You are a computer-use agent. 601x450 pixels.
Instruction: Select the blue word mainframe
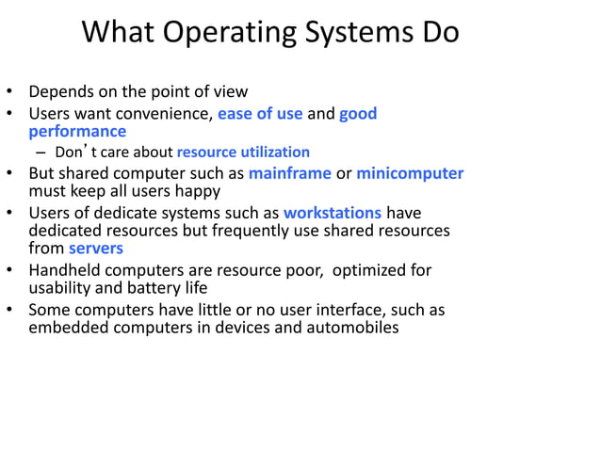[289, 173]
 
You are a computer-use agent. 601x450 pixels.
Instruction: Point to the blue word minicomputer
[410, 173]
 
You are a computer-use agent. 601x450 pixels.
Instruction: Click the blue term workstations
[333, 212]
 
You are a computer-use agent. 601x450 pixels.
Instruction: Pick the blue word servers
[96, 249]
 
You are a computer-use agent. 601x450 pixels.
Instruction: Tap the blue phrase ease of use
[260, 114]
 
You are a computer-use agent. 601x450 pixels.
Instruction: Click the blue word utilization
[271, 152]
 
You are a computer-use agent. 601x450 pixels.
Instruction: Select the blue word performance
[77, 132]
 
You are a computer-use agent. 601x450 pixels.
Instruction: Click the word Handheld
[66, 270]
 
